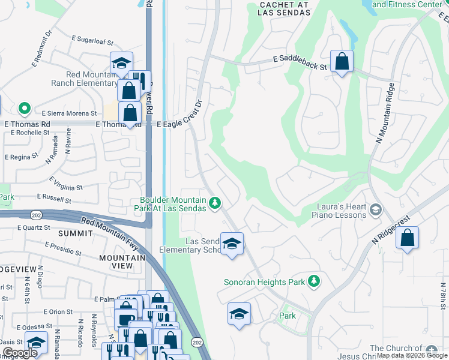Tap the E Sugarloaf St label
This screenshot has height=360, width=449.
click(93, 43)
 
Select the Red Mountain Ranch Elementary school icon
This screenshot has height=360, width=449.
click(121, 63)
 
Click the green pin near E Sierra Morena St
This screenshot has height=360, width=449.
click(24, 109)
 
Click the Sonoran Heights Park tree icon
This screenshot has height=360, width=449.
click(313, 281)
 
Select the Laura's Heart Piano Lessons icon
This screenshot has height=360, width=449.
click(376, 209)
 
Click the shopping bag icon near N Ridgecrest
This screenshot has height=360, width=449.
click(408, 238)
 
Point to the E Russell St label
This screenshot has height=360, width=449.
click(54, 197)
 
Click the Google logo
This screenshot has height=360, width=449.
click(20, 353)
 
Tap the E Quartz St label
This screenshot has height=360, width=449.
click(35, 227)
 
